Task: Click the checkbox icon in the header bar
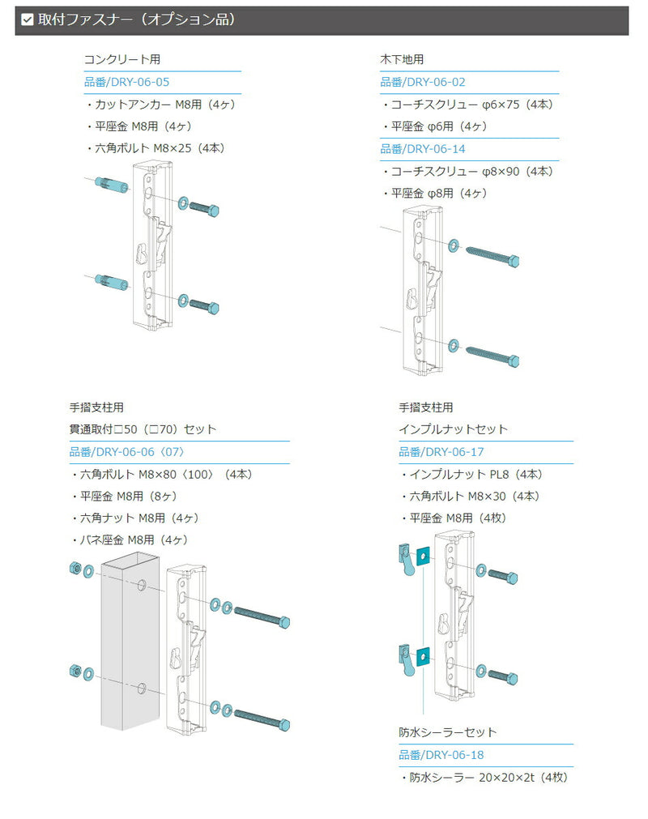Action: coord(28,19)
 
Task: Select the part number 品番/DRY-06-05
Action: coord(126,82)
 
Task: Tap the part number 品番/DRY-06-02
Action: coord(423,82)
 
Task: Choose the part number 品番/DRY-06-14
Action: coord(423,149)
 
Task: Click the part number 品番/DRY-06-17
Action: coord(441,452)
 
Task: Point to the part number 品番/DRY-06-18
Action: coord(441,755)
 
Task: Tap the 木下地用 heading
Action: coord(402,59)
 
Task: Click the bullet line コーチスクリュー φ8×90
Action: coord(470,171)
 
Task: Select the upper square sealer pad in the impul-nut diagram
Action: coord(422,556)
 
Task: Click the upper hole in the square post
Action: coord(143,585)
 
